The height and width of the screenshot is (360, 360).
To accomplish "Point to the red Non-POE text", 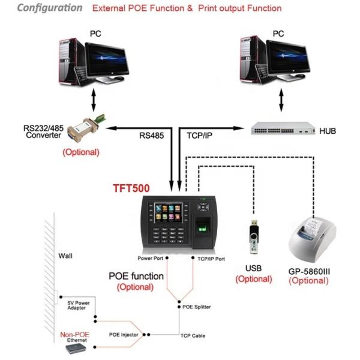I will tap(74, 334).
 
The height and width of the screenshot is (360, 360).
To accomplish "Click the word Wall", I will tap(65, 255).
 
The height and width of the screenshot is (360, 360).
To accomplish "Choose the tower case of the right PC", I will tap(250, 57).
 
